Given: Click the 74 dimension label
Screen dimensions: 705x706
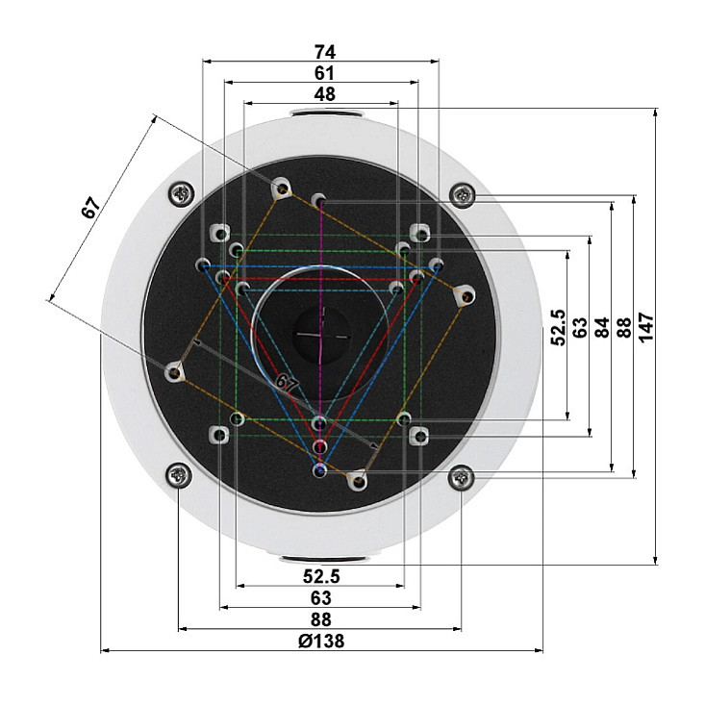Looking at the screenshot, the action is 324,52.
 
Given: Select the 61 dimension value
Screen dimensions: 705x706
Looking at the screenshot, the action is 324,73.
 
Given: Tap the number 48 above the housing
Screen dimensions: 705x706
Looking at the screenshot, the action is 324,94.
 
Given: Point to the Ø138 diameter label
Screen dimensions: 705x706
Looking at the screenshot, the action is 321,641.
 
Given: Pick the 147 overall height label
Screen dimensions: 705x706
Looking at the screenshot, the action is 646,327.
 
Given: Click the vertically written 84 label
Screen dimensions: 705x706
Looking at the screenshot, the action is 602,327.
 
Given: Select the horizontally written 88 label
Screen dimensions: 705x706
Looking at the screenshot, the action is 321,619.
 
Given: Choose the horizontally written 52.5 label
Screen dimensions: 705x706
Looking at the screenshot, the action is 321,576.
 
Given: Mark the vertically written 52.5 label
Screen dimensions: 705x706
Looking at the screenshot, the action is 558,327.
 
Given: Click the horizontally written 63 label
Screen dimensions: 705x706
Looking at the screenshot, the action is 321,598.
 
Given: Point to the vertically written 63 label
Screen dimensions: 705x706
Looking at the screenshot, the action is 580,327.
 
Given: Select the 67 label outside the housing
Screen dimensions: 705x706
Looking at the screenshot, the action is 90,208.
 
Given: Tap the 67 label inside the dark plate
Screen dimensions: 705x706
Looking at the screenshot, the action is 287,383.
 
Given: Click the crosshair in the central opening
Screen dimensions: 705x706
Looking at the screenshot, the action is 321,335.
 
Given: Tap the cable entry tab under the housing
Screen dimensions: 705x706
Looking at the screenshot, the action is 324,559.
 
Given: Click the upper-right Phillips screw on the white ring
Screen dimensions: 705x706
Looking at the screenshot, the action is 463,195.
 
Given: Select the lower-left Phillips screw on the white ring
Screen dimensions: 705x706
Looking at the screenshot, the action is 179,475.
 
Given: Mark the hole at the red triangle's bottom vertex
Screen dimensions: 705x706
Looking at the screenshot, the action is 320,446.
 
